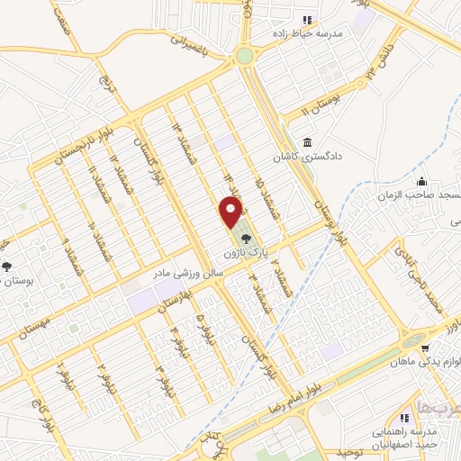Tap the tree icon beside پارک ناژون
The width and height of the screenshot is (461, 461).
(x=247, y=239)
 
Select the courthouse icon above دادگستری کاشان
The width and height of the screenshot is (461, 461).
(x=309, y=142)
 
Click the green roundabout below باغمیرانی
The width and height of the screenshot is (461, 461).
(x=244, y=56)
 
